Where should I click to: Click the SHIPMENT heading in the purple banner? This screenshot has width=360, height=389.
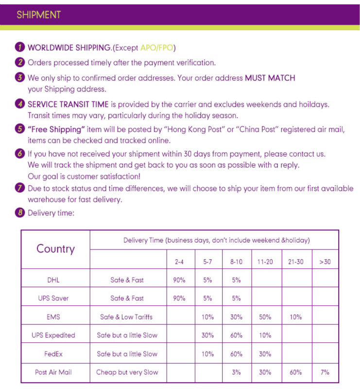[x=38, y=15]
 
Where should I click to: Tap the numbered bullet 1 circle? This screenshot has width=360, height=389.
[x=20, y=47]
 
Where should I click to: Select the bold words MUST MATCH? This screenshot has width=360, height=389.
[x=270, y=78]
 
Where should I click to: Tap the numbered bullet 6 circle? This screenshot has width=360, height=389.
[x=20, y=154]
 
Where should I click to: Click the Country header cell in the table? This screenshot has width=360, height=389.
[x=55, y=249]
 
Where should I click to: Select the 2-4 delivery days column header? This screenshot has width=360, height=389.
[x=179, y=262]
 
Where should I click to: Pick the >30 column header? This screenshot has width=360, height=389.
[x=325, y=262]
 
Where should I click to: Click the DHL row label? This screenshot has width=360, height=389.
[x=53, y=280]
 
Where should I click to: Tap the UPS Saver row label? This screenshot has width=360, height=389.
[x=53, y=298]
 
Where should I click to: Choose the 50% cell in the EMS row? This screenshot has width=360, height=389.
[x=265, y=317]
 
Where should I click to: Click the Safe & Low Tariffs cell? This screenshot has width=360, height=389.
[x=126, y=317]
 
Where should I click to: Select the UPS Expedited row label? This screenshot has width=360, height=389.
[x=53, y=335]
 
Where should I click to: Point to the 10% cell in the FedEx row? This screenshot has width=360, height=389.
[x=207, y=354]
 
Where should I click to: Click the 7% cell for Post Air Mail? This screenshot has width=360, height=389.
[x=325, y=372]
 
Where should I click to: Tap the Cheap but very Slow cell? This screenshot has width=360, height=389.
[x=127, y=372]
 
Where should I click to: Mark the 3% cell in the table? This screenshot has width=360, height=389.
[x=236, y=372]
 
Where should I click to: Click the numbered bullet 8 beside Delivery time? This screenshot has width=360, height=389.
[x=20, y=212]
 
